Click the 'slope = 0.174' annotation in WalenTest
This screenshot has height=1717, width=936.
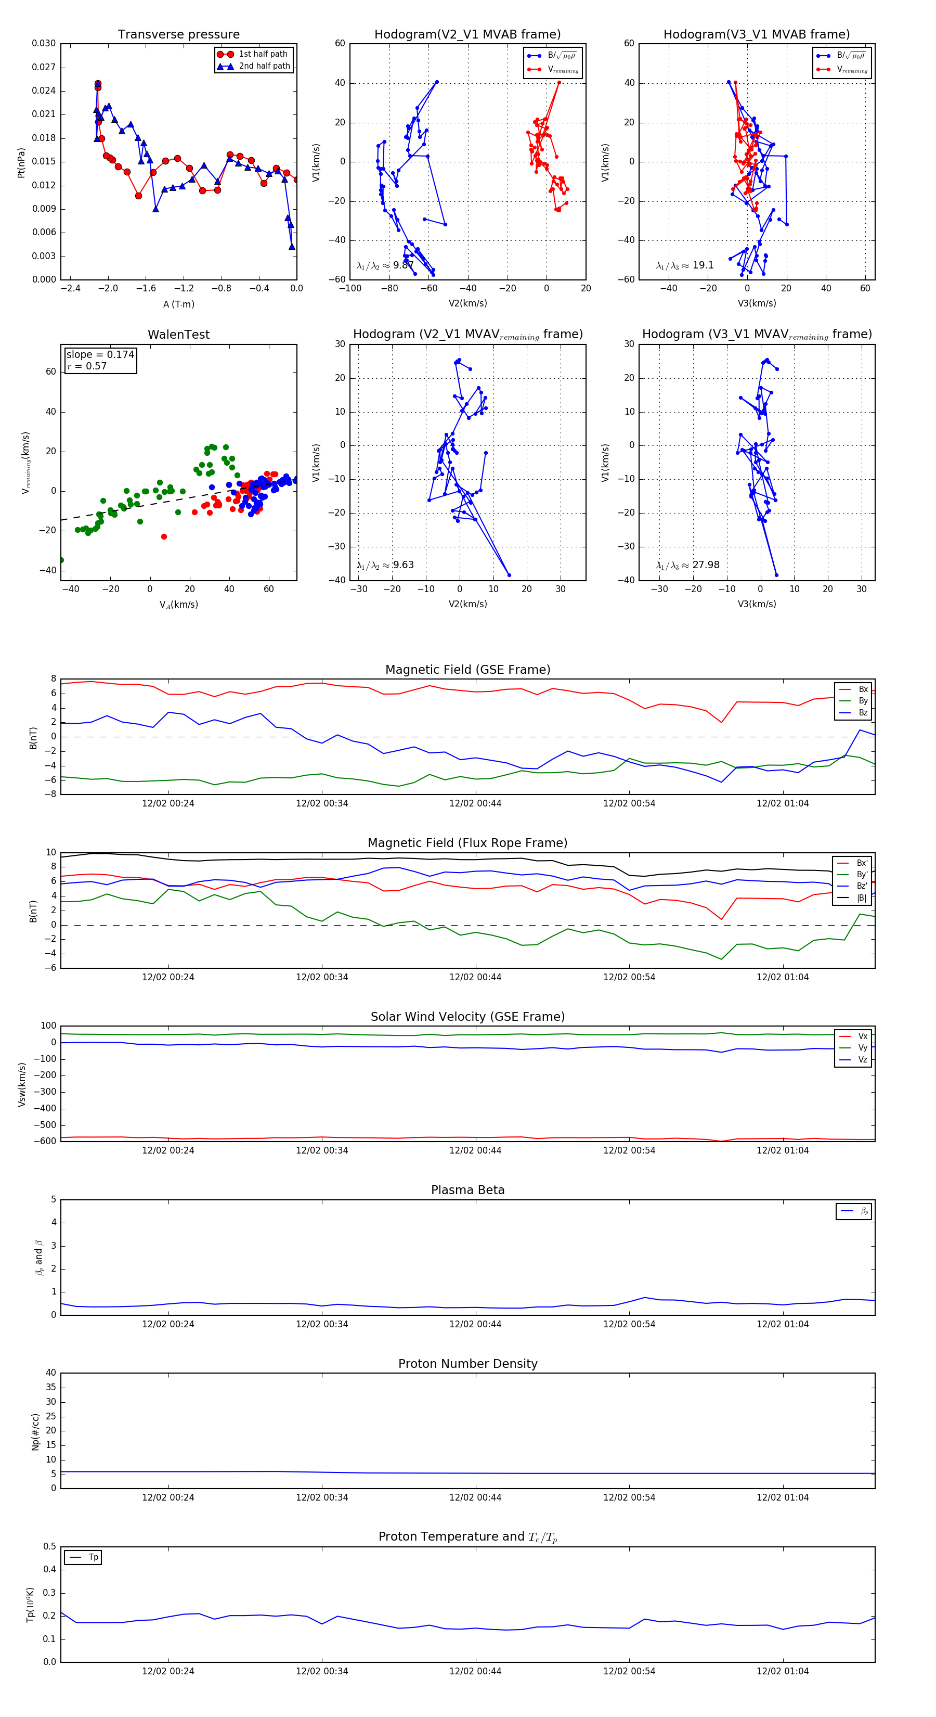(100, 355)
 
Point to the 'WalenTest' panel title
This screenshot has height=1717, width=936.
(178, 335)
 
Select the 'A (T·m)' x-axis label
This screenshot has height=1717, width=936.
(178, 304)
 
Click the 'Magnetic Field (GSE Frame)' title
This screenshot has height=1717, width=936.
(467, 670)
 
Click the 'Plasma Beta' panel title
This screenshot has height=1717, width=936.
(467, 1190)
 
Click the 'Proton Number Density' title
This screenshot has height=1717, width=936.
(467, 1364)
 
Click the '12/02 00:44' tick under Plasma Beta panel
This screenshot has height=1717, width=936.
(475, 1324)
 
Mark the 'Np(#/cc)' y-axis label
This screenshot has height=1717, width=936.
(35, 1432)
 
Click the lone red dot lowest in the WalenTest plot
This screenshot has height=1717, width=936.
(164, 536)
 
